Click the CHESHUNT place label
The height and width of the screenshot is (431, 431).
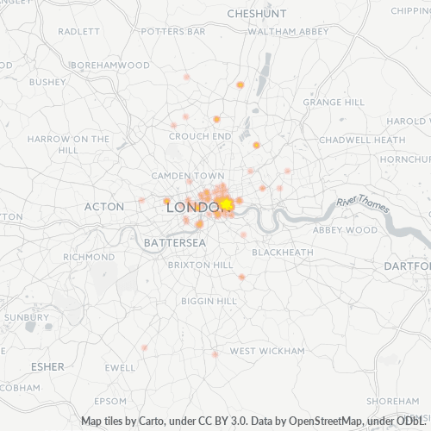(258, 14)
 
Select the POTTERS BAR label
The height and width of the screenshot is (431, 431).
(173, 31)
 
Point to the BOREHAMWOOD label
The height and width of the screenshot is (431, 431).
(109, 65)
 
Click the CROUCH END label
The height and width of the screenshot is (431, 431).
(200, 136)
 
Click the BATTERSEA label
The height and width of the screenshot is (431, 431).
(175, 243)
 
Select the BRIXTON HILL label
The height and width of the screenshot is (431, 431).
(200, 265)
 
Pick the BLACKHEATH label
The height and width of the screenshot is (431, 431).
(283, 252)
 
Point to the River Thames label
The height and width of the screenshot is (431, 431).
(363, 203)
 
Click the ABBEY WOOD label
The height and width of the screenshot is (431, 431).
(345, 230)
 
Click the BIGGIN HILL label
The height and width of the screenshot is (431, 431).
(209, 301)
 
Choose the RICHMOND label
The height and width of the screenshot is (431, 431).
(89, 257)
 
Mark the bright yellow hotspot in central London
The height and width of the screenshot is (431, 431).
(226, 204)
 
